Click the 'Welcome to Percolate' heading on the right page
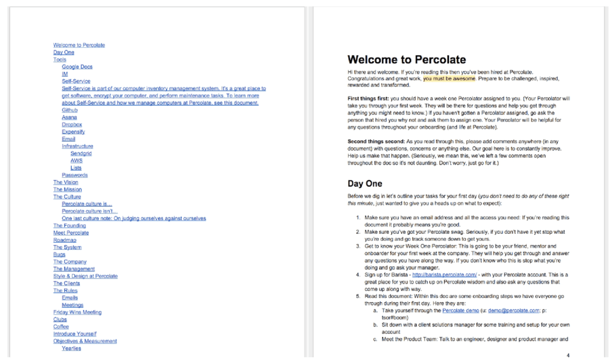pyautogui.click(x=406, y=60)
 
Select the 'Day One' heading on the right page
pyautogui.click(x=365, y=184)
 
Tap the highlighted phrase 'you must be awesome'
pyautogui.click(x=449, y=78)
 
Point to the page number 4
pyautogui.click(x=568, y=355)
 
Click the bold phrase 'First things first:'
pyautogui.click(x=368, y=98)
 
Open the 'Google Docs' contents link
pyautogui.click(x=77, y=67)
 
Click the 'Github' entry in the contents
pyautogui.click(x=69, y=110)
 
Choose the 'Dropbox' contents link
pyautogui.click(x=72, y=125)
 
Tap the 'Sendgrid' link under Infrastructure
pyautogui.click(x=81, y=154)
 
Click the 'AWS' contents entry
pyautogui.click(x=76, y=161)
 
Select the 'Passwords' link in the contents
pyautogui.click(x=75, y=175)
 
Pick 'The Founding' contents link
pyautogui.click(x=69, y=226)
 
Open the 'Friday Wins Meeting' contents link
pyautogui.click(x=77, y=312)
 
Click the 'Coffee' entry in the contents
pyautogui.click(x=61, y=327)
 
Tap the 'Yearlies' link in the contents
pyautogui.click(x=71, y=349)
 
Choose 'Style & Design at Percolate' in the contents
pyautogui.click(x=85, y=276)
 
